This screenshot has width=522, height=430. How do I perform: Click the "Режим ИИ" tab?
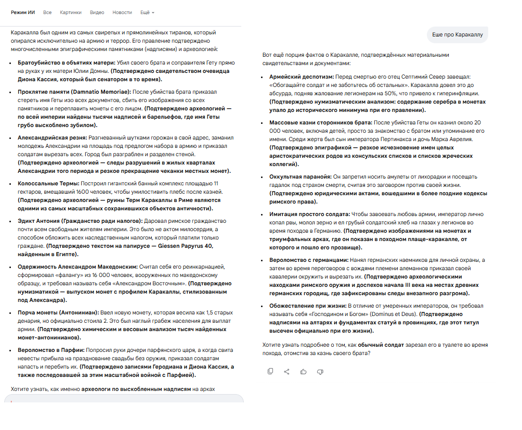click(23, 12)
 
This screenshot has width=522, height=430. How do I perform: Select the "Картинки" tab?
click(71, 12)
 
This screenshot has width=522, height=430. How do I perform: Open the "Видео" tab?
click(97, 12)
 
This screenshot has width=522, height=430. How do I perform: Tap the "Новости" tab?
click(122, 12)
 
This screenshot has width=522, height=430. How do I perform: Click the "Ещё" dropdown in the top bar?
click(147, 12)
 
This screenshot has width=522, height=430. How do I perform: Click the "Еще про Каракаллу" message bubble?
click(458, 35)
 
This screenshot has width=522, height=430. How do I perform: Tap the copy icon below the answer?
click(270, 371)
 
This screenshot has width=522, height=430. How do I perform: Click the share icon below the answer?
click(287, 371)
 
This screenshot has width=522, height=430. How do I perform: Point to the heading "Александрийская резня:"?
click(50, 138)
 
